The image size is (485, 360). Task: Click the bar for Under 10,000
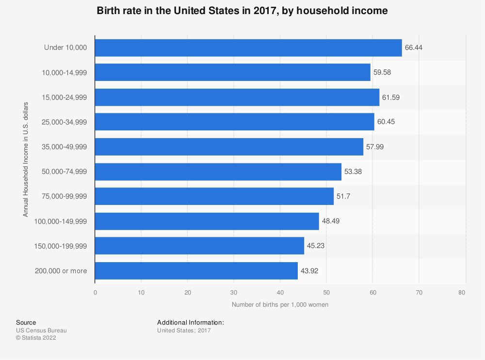[x=248, y=48]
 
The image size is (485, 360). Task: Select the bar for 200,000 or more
[x=196, y=271]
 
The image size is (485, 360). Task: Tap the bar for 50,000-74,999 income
[x=218, y=172]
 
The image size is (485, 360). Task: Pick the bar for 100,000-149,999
[x=207, y=221]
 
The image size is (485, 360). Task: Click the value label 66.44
[x=413, y=47]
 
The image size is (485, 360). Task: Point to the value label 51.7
[x=343, y=196]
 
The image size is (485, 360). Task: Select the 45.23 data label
[x=316, y=246]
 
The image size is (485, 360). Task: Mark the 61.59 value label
[x=390, y=97]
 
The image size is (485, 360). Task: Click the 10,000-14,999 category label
[x=65, y=73]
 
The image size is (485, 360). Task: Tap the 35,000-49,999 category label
[x=65, y=147]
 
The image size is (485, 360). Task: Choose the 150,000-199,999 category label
[x=60, y=246]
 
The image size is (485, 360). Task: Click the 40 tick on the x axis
[x=280, y=292]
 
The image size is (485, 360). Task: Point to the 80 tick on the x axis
[x=462, y=292]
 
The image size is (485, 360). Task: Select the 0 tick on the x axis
[x=95, y=292]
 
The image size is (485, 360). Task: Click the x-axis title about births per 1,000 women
[x=280, y=305]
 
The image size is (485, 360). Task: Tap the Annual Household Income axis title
[x=25, y=159]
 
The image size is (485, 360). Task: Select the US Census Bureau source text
[x=41, y=330]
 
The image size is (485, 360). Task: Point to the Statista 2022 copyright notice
[x=36, y=338]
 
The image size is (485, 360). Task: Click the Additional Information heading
[x=191, y=322]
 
